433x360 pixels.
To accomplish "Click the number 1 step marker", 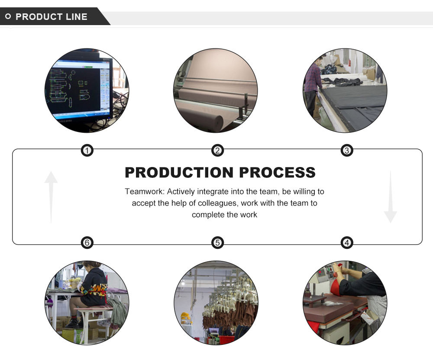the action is point(87,151).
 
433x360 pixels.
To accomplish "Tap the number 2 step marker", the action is point(217,151).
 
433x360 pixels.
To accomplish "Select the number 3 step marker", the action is point(347,151).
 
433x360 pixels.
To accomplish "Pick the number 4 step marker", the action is point(347,243).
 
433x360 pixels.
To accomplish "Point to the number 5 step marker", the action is point(217,243).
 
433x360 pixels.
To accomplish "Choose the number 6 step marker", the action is point(87,243).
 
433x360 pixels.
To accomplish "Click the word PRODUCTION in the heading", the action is point(179,172).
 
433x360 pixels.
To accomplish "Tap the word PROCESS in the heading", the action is point(277,172).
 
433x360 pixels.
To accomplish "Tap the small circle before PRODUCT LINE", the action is point(8,17).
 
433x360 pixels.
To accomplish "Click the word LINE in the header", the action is point(76,17).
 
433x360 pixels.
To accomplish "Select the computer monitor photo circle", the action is point(87,90).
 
